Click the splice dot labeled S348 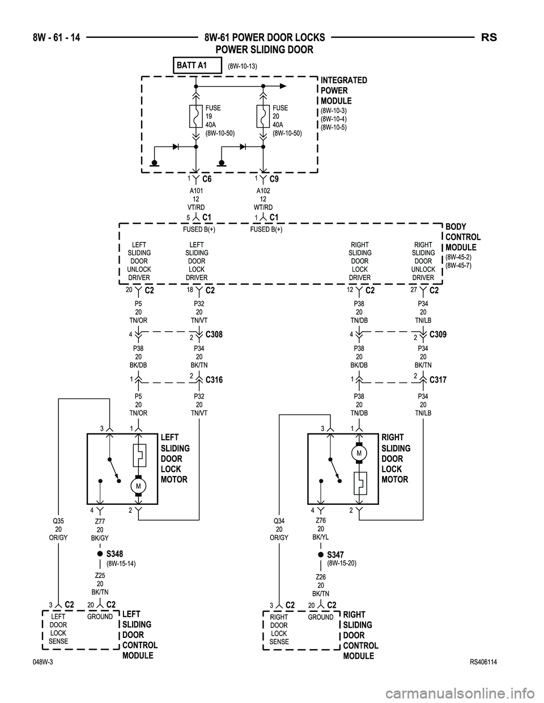99,554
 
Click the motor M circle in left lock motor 138,486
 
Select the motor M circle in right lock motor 359,453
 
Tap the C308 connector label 214,335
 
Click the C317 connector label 439,380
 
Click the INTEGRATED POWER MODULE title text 343,91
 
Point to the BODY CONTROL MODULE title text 462,237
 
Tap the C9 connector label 274,179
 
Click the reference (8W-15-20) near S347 342,563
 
